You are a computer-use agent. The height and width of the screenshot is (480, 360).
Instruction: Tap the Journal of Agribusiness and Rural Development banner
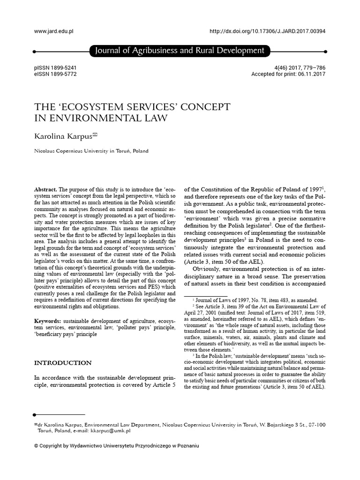[180, 51]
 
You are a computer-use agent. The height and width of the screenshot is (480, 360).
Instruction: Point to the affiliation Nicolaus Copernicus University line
[91, 151]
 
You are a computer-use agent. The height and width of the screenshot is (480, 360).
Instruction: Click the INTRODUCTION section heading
[63, 363]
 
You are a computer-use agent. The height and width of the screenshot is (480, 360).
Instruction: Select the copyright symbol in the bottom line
[37, 446]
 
